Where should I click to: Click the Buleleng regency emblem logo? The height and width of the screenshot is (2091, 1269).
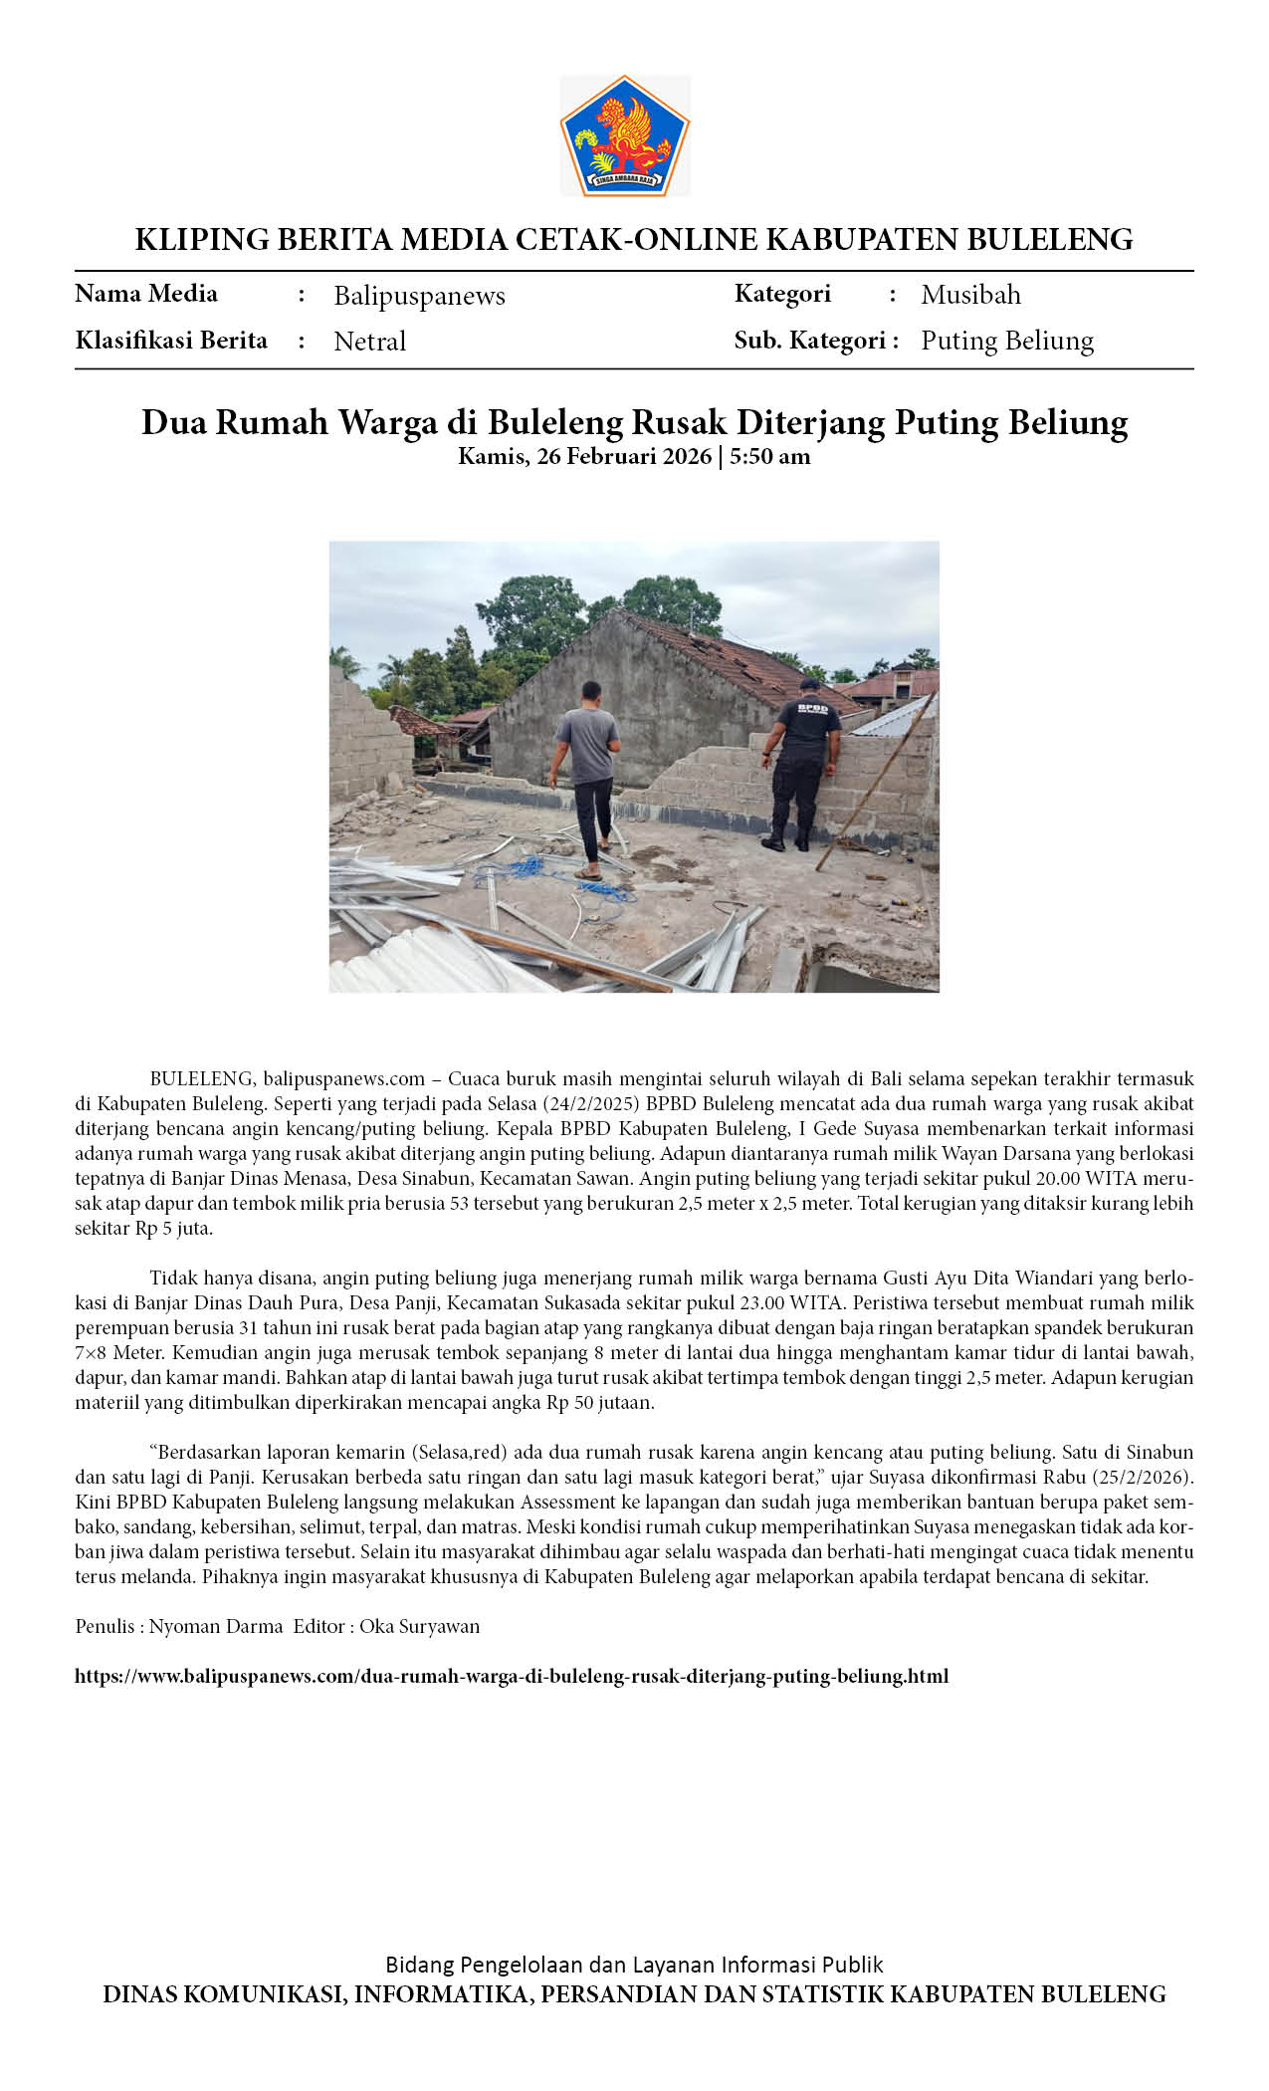624,135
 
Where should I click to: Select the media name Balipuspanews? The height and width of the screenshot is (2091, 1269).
419,296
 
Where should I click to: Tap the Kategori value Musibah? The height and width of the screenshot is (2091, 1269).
970,295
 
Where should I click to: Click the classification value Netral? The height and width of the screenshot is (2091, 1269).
369,342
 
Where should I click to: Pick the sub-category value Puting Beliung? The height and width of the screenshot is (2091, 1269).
1006,341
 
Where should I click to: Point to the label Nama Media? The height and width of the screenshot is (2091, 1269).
146,294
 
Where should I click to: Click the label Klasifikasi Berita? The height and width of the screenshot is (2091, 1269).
171,341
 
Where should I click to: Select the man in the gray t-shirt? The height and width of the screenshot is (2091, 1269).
587,767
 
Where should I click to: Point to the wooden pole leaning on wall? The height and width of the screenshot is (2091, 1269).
876,782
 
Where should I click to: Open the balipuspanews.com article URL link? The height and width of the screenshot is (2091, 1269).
512,1676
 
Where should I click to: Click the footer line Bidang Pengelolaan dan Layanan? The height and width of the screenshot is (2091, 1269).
634,1965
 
